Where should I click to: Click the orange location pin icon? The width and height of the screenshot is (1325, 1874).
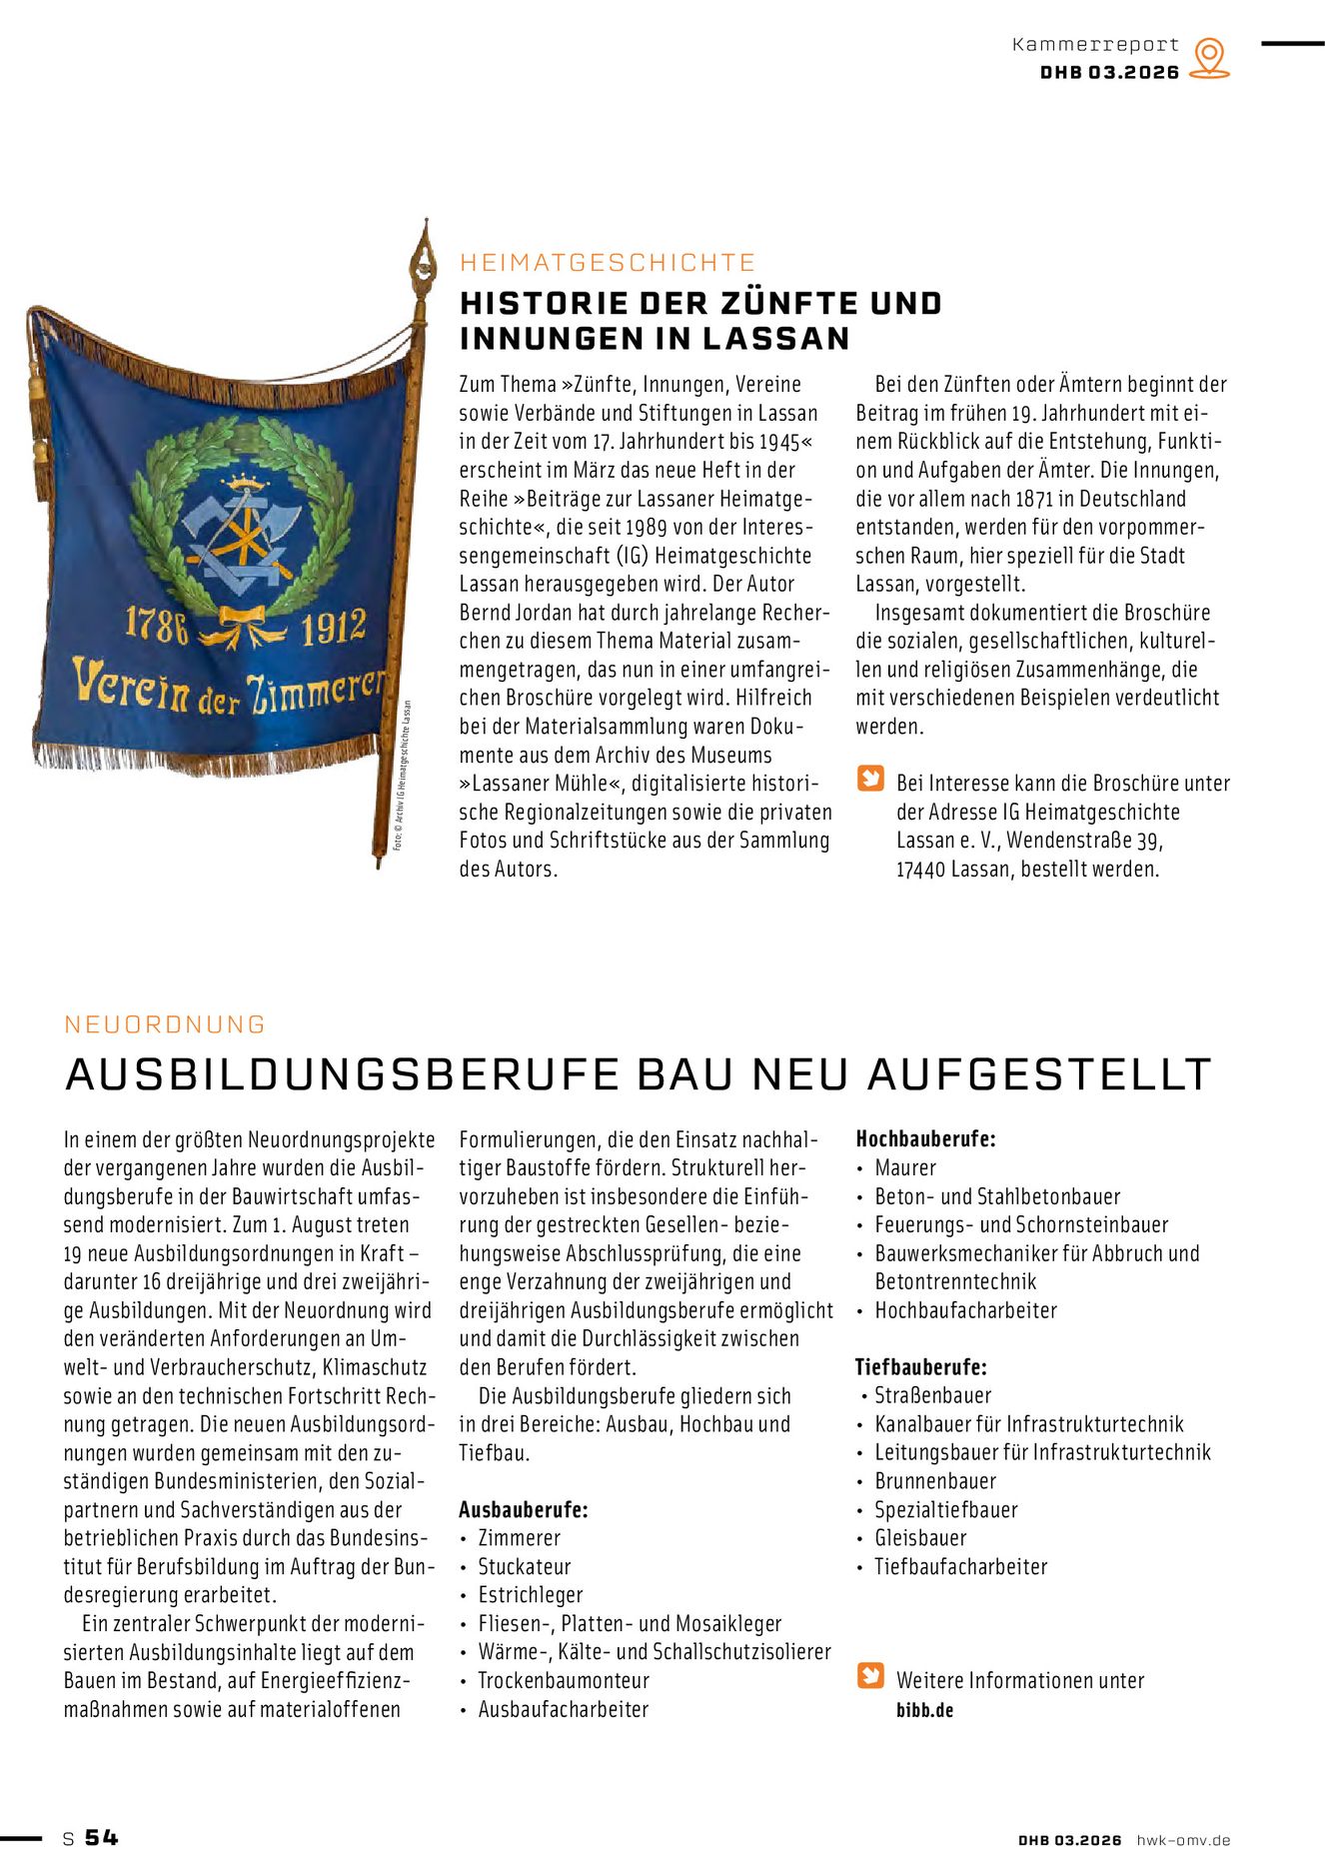(1210, 57)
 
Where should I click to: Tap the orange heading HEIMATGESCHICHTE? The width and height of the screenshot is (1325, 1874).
(608, 263)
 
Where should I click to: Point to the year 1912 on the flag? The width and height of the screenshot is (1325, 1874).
(334, 629)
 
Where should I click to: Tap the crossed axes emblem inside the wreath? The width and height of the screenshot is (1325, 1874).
(240, 531)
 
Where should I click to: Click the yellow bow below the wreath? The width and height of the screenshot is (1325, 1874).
(241, 626)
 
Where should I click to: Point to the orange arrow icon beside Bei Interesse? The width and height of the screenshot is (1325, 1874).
(870, 779)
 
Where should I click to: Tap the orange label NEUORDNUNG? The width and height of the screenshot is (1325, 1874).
(165, 1024)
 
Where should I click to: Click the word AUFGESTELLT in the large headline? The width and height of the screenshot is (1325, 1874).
(1039, 1074)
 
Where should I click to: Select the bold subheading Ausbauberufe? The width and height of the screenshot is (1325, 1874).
(523, 1509)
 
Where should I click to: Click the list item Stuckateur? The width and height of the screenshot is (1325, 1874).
(524, 1566)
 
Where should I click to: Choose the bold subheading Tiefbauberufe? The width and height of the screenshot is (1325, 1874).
(920, 1366)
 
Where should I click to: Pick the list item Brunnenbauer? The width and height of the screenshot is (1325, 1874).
(935, 1480)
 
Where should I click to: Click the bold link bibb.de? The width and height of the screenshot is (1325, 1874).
(924, 1709)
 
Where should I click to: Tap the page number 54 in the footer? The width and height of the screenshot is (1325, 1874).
(101, 1838)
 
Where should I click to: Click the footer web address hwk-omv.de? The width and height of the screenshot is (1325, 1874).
(1183, 1840)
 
